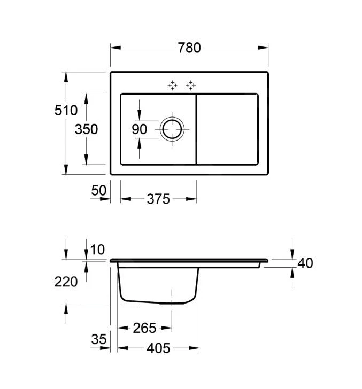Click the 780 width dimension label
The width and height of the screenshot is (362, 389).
pos(189,48)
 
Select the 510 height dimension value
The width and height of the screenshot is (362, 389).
pos(66,110)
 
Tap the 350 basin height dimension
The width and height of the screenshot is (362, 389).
pos(87,129)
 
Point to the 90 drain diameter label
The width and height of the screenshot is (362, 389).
pos(139,129)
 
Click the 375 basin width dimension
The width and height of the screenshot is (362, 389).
pos(158,199)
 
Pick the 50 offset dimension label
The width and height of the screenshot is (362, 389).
pos(99,191)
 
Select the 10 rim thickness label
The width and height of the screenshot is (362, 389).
pos(97,250)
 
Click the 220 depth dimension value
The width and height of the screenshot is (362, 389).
pos(66,282)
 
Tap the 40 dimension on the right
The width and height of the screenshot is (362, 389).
pos(305,263)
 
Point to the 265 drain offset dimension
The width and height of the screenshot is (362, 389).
pos(145,328)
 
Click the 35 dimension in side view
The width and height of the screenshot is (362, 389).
pos(99,339)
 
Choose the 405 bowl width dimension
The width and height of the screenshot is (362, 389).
pos(158,348)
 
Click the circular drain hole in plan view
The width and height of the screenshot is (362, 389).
pos(172,129)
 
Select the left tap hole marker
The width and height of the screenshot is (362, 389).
pos(172,85)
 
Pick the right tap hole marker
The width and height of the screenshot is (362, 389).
pos(191,85)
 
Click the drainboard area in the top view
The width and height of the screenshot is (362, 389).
pos(227,129)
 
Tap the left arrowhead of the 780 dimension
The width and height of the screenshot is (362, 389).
pos(115,48)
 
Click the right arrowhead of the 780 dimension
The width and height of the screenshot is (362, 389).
pos(263,48)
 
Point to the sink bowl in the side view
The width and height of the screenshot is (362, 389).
pos(158,285)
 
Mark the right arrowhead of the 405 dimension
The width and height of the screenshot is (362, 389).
pos(194,348)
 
